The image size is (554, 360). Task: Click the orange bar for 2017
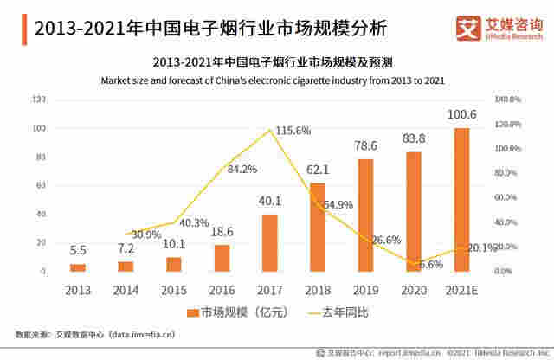(269, 243)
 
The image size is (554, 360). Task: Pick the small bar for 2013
(78, 267)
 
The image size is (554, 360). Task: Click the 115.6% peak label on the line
(293, 131)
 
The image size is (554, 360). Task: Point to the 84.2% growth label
(242, 169)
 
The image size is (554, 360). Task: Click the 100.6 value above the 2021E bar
(461, 115)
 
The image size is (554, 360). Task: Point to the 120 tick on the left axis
(39, 100)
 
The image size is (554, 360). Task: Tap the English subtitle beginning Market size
(272, 80)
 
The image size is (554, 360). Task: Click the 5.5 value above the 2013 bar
(78, 250)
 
